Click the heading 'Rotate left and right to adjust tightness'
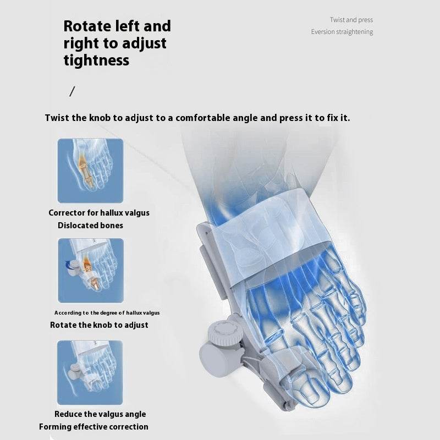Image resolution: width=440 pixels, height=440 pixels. pyautogui.click(x=117, y=43)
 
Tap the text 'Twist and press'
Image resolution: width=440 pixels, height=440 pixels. pyautogui.click(x=351, y=20)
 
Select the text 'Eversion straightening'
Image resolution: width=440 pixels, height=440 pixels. pyautogui.click(x=342, y=32)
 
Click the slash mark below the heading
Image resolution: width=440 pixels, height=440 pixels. pyautogui.click(x=72, y=91)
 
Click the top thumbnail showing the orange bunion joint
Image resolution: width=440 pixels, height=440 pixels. pyautogui.click(x=90, y=170)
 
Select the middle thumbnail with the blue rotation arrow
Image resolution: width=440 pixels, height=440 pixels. pyautogui.click(x=90, y=270)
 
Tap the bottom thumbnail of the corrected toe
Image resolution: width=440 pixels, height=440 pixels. pyautogui.click(x=90, y=372)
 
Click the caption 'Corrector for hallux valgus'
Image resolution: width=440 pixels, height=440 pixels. pyautogui.click(x=99, y=213)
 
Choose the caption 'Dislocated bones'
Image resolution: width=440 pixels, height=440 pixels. pyautogui.click(x=90, y=226)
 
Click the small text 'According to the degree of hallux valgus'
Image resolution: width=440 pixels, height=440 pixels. pyautogui.click(x=107, y=312)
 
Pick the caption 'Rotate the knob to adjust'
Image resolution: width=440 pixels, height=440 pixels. pyautogui.click(x=99, y=325)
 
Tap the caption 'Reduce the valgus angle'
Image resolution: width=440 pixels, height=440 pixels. pyautogui.click(x=100, y=414)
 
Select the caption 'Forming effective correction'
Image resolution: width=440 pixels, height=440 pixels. pyautogui.click(x=94, y=427)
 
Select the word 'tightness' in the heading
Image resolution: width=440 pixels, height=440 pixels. pyautogui.click(x=96, y=60)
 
